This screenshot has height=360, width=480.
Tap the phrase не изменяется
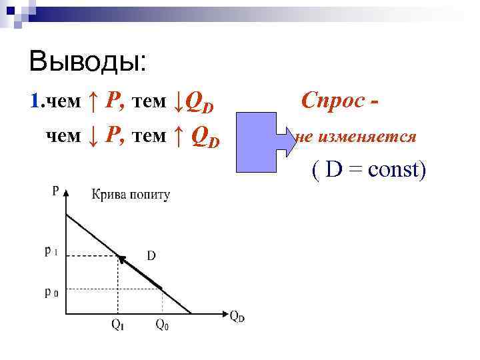(x=356, y=137)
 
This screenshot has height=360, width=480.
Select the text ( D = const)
(x=368, y=171)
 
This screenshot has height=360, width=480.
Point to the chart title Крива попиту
(x=131, y=195)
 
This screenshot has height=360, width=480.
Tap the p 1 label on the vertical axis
(x=51, y=252)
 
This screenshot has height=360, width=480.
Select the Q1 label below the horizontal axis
(x=117, y=325)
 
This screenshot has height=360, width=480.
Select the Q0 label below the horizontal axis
(x=162, y=325)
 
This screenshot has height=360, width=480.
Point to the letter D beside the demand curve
(x=151, y=255)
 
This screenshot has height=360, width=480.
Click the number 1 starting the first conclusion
(x=35, y=101)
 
